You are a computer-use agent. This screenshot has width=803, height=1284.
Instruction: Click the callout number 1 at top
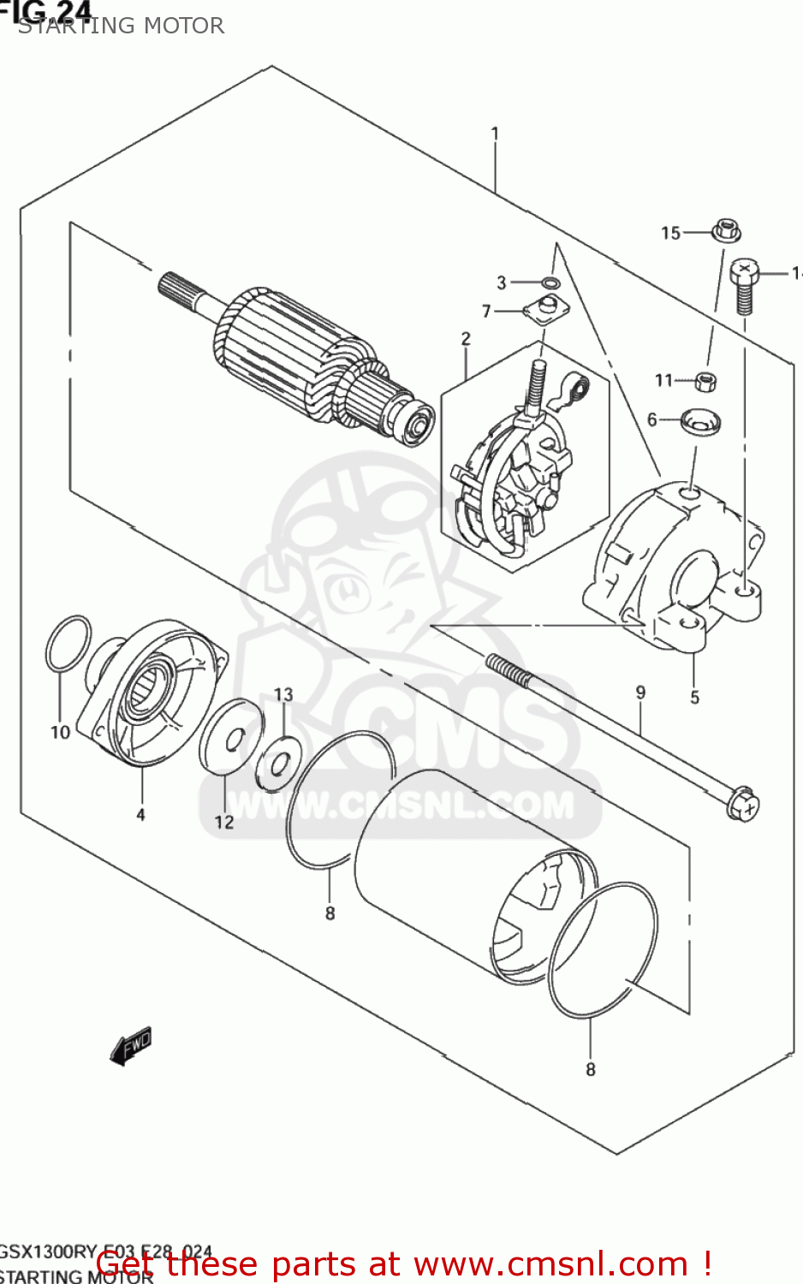point(495,134)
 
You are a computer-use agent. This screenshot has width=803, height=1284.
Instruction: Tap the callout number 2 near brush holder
point(466,339)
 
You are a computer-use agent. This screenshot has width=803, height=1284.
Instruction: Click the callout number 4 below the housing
point(140,815)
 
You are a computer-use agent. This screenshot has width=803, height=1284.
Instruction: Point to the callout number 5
point(694,698)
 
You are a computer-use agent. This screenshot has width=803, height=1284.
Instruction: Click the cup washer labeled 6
point(700,421)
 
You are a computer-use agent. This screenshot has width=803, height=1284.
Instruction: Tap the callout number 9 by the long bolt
point(640,693)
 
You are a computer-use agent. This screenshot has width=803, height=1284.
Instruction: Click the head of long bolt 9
point(742,805)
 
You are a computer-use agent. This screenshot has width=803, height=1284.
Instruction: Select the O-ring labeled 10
point(68,643)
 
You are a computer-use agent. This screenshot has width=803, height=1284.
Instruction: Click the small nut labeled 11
point(705,381)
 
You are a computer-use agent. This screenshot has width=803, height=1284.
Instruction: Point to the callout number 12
point(223,822)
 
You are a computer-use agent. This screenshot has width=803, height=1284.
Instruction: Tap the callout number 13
point(283,694)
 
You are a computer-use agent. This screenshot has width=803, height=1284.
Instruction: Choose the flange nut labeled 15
point(726,231)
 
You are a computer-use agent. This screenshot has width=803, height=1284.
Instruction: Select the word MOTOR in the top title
point(183,26)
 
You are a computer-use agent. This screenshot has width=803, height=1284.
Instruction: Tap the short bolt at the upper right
point(744,287)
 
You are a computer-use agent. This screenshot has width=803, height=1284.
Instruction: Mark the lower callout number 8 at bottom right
point(590,1069)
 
